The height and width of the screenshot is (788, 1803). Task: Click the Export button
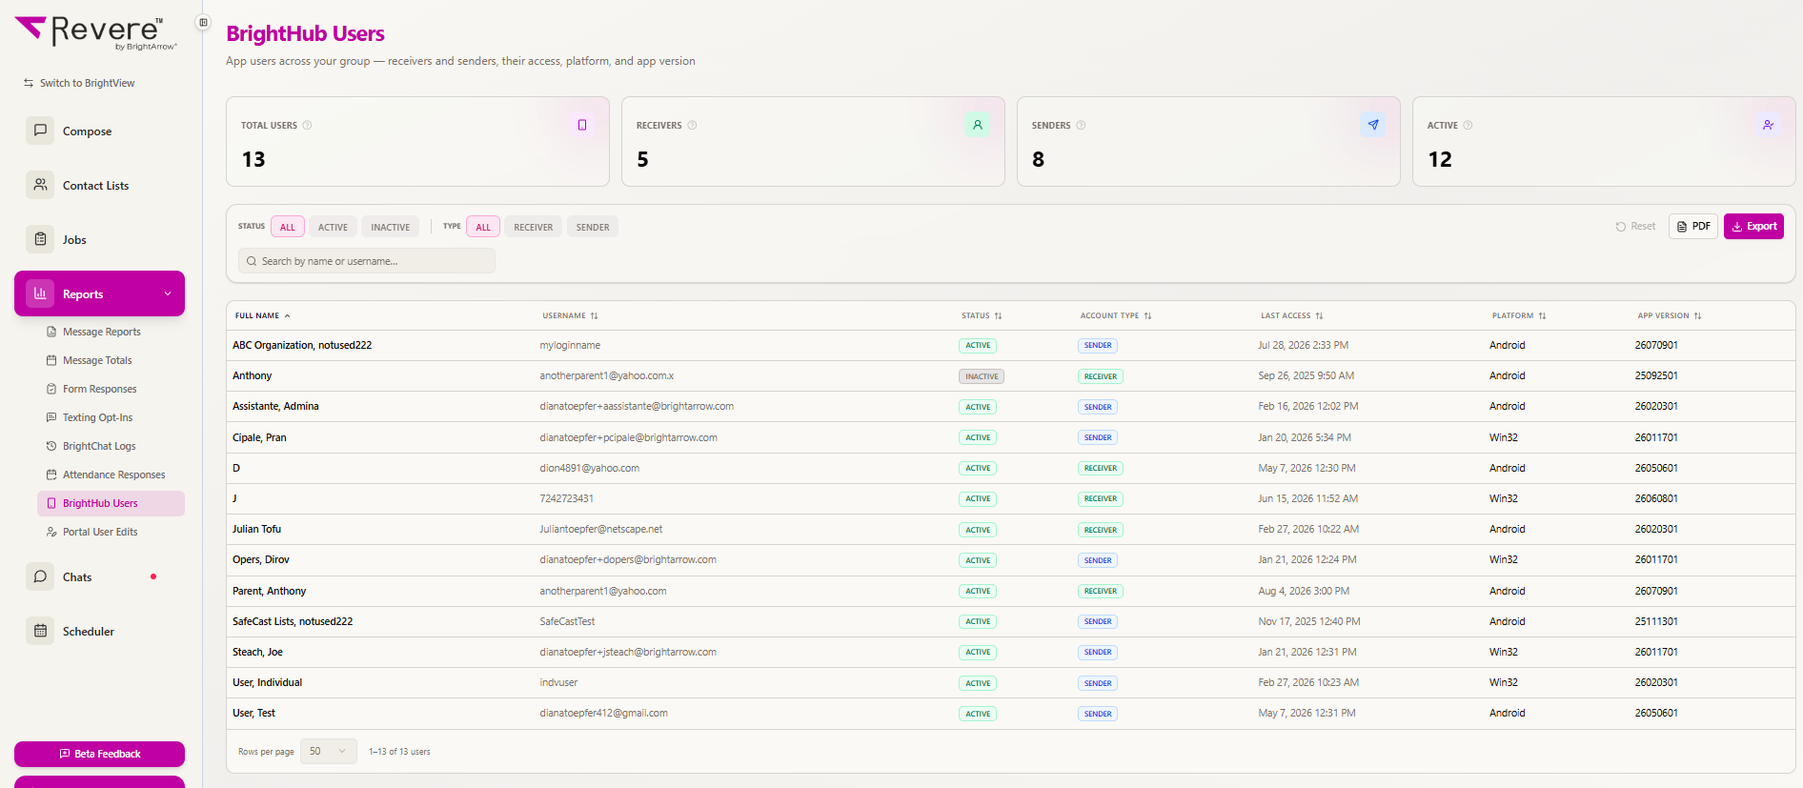click(x=1753, y=227)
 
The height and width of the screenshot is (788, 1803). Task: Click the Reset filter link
click(x=1635, y=227)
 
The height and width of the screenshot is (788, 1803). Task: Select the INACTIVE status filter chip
click(x=390, y=227)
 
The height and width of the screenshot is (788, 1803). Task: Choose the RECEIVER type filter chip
click(x=533, y=227)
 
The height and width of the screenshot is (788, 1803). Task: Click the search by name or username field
click(x=367, y=261)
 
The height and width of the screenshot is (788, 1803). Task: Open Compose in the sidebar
click(x=87, y=131)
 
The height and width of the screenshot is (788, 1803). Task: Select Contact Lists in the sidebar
click(x=95, y=186)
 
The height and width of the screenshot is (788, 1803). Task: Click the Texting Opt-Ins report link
click(x=97, y=417)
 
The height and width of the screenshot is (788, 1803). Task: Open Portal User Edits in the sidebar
click(x=100, y=532)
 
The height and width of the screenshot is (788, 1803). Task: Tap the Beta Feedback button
click(x=99, y=754)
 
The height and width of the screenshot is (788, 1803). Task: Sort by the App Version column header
click(x=1669, y=315)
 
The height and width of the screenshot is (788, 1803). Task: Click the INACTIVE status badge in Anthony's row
click(x=982, y=376)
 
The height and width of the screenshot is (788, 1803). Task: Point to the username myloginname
click(x=570, y=345)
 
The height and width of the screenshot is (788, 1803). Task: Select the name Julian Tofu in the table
click(x=256, y=529)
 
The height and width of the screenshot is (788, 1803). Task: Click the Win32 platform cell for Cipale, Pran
click(x=1504, y=437)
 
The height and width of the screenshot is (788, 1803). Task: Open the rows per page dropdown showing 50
click(x=328, y=751)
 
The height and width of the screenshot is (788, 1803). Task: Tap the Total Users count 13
click(x=253, y=159)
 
